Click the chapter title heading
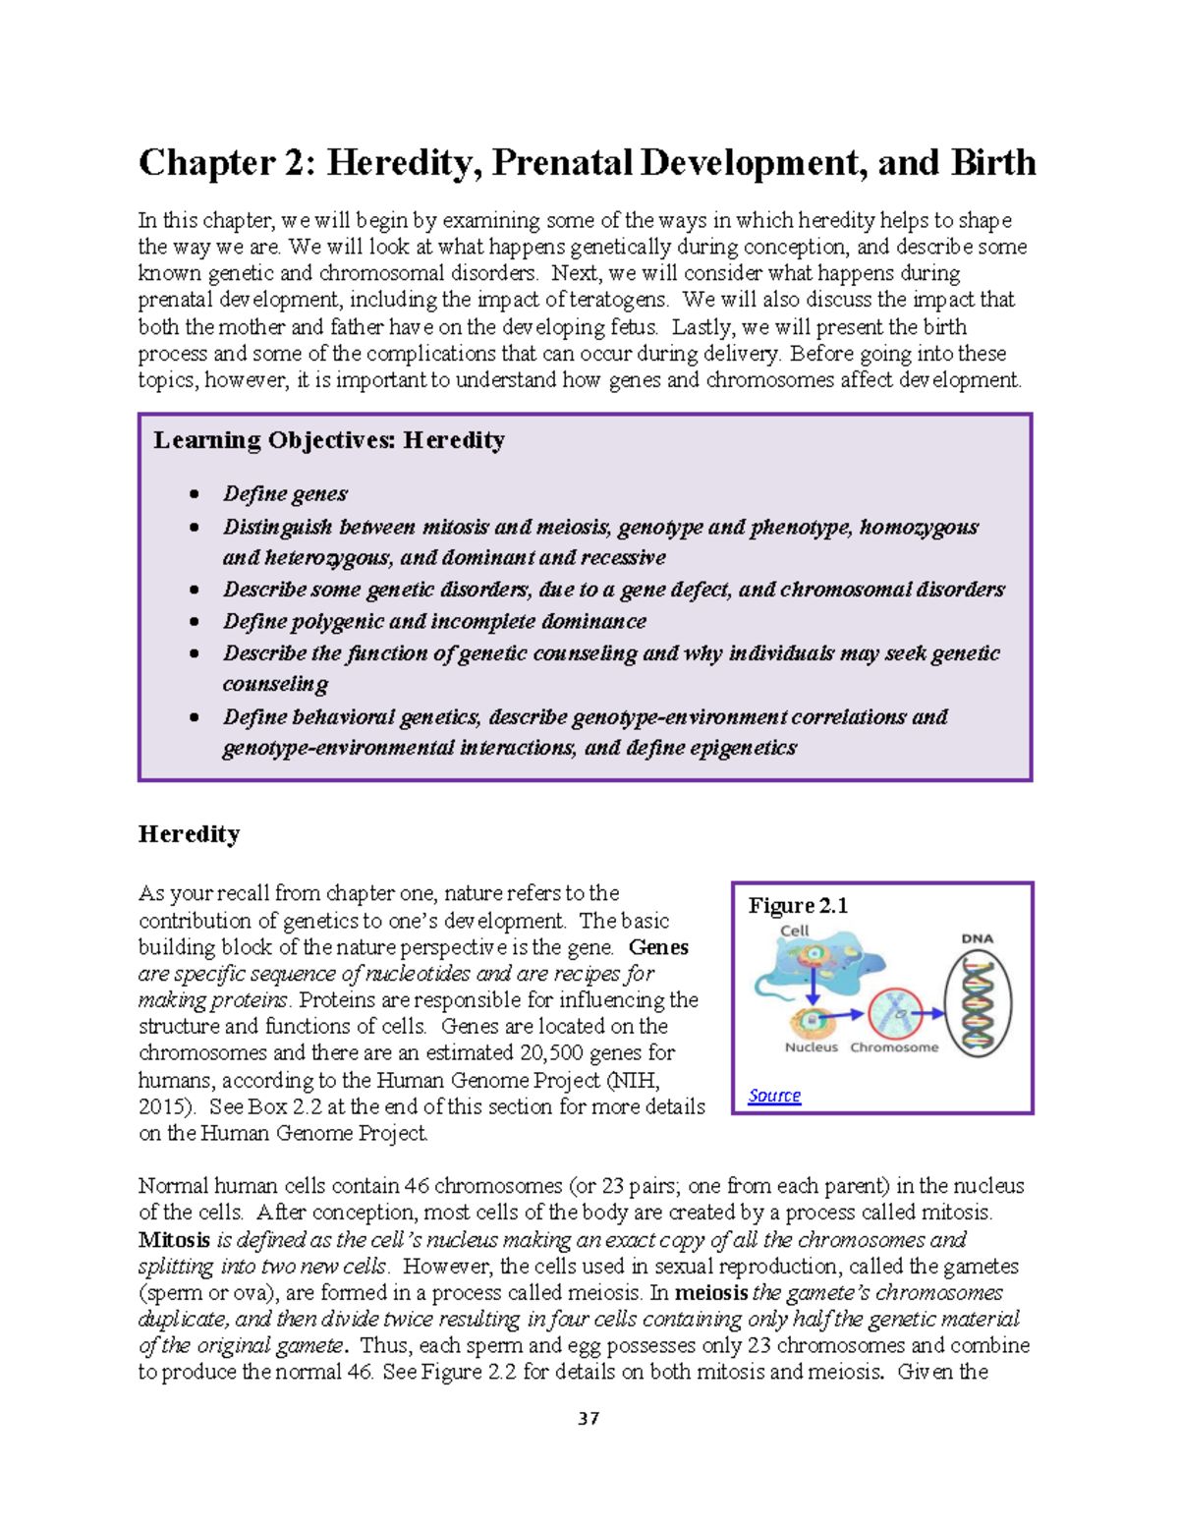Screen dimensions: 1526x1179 point(587,163)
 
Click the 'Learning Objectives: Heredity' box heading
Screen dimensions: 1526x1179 point(328,440)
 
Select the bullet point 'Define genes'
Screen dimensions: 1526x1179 point(285,493)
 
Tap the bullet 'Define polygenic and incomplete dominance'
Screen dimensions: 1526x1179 point(434,621)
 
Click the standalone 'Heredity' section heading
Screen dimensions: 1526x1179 point(189,834)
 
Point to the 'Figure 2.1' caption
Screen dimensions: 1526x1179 point(798,905)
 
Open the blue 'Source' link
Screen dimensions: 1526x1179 point(774,1095)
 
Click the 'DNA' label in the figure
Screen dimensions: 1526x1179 point(977,938)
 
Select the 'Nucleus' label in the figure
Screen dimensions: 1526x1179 point(811,1047)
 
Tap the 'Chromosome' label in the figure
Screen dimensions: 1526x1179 point(894,1047)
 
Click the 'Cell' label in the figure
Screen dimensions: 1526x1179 point(794,931)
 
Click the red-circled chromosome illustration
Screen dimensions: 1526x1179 point(894,1013)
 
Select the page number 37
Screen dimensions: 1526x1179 point(589,1418)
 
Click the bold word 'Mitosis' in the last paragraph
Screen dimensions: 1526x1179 point(174,1239)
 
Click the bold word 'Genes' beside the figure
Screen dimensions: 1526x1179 point(658,947)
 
